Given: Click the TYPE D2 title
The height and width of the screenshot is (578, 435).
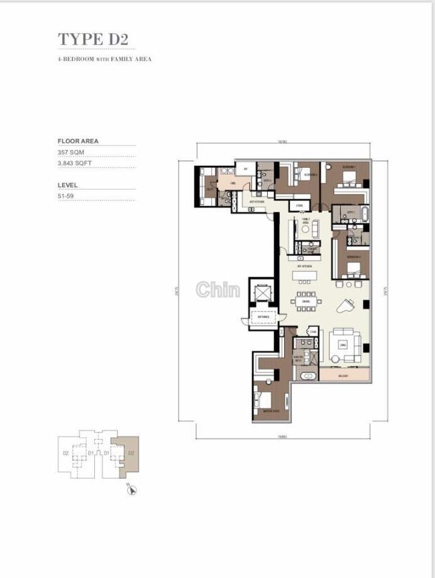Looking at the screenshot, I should point(93,39).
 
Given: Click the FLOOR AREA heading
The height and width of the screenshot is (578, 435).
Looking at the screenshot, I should point(78,141).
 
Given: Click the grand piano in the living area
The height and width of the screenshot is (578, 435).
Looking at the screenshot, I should point(346,306).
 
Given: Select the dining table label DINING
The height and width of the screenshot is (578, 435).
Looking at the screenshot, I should point(306,302).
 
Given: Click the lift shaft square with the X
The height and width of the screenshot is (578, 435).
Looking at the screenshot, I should point(262,292).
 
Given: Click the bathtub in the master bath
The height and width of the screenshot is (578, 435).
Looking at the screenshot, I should point(309,376).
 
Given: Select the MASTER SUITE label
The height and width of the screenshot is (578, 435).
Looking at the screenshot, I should point(264,412).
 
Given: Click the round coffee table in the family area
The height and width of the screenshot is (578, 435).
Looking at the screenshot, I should point(306,229).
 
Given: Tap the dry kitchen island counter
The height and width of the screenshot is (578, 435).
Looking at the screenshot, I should point(306,275).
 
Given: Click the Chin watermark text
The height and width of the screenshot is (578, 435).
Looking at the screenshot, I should point(217,290).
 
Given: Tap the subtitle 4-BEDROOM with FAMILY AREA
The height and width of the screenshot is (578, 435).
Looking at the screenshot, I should point(104,59).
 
